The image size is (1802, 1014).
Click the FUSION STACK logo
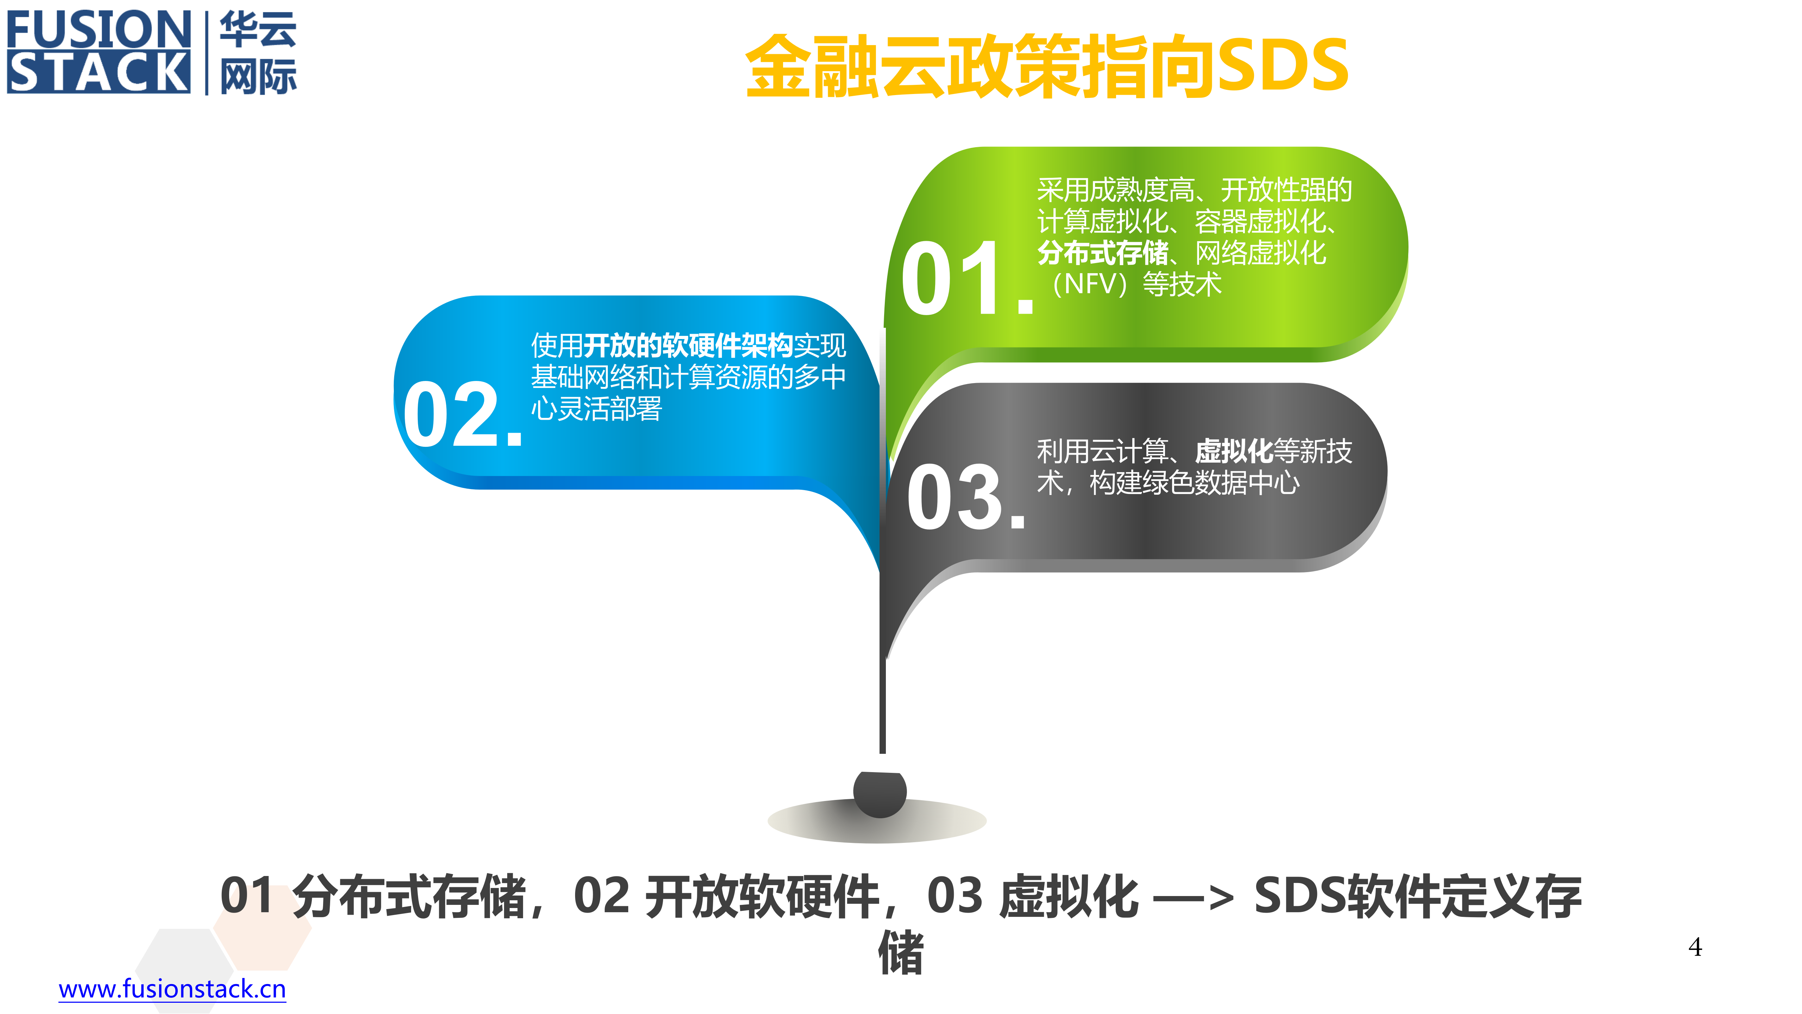[x=98, y=52]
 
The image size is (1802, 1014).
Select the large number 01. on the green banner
[x=965, y=278]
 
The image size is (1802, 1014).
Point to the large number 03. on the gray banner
[x=965, y=497]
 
